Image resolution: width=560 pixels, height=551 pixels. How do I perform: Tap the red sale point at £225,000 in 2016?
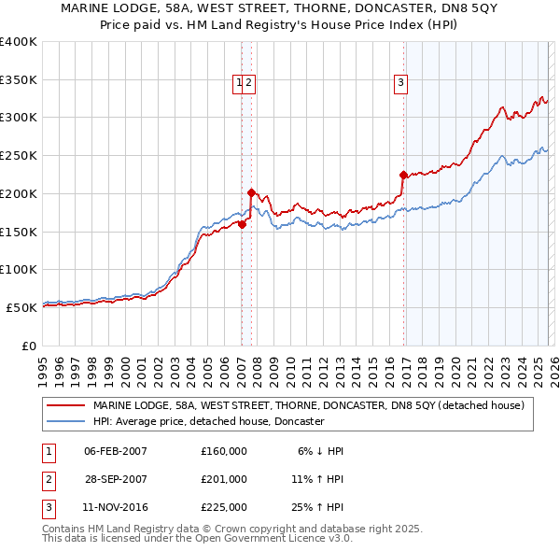point(403,175)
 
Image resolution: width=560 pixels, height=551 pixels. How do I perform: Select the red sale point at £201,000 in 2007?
point(251,192)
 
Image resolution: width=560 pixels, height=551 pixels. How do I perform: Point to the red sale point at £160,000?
point(242,224)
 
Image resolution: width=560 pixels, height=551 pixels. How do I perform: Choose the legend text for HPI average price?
point(208,421)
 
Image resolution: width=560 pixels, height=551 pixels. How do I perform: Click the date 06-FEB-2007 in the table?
point(116,451)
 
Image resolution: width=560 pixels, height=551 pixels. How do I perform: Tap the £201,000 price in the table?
point(224,479)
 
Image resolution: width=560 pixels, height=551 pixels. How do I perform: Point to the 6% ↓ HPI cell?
point(320,451)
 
